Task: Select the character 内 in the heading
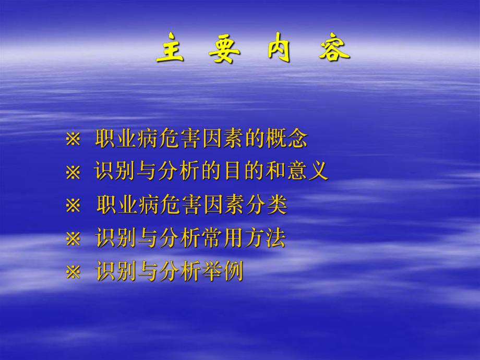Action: (279, 52)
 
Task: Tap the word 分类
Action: (266, 205)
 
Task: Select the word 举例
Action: (222, 272)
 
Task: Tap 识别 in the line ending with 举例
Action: (117, 272)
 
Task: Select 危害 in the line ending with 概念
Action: (181, 139)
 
